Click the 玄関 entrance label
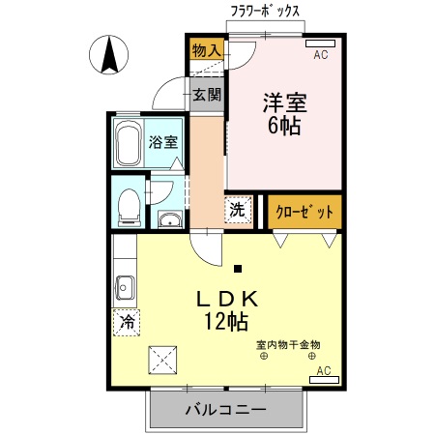click(x=205, y=95)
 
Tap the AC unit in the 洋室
click(x=321, y=43)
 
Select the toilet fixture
click(x=127, y=204)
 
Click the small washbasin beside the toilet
click(x=170, y=218)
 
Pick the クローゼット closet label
click(x=304, y=212)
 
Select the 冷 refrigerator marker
click(x=126, y=322)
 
